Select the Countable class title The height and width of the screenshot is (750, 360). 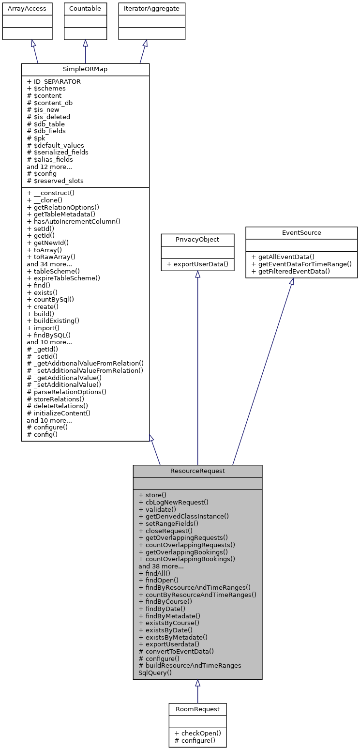pos(85,9)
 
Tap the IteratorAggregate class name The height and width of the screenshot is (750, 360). pos(152,9)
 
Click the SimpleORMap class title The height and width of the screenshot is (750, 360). pos(85,69)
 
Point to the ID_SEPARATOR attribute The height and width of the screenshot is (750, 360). pos(54,81)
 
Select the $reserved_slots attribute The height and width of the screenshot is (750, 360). pos(55,181)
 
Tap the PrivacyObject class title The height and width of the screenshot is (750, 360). pos(197,240)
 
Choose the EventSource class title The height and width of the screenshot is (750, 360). pos(301,232)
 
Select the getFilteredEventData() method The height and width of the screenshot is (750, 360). pos(291,271)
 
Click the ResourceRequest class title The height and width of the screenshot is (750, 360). pos(197,471)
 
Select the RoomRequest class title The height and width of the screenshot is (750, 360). pos(197,709)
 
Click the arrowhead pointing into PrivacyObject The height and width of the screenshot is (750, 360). pos(197,275)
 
